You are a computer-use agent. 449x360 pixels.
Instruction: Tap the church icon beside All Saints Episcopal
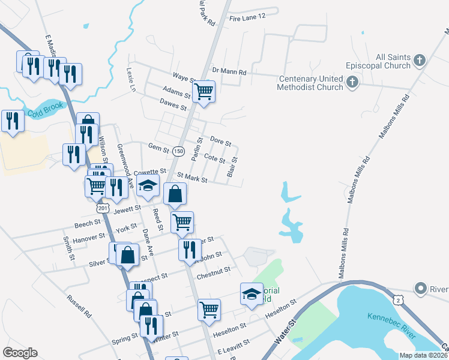click(419, 61)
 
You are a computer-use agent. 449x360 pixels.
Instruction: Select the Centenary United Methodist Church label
click(310, 83)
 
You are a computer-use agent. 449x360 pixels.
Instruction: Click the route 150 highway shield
click(178, 151)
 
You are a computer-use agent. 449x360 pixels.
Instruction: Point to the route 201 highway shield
click(102, 208)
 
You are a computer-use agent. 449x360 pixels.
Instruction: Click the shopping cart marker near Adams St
click(204, 92)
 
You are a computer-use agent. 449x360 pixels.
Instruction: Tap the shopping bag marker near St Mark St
click(175, 194)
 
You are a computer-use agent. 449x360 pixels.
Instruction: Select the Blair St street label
click(233, 167)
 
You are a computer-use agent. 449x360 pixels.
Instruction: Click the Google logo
click(20, 353)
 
